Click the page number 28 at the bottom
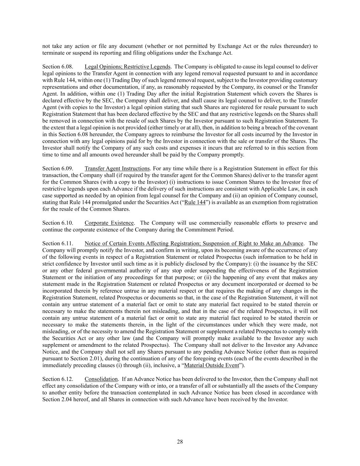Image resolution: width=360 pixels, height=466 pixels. (x=180, y=442)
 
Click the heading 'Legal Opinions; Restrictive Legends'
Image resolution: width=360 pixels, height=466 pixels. (x=127, y=67)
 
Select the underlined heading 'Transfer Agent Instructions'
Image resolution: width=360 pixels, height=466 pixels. (x=117, y=168)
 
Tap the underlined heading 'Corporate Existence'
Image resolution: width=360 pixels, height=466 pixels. (x=109, y=223)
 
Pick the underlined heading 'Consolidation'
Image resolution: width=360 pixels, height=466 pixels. (x=101, y=379)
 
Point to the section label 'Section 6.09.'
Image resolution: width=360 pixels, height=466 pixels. (x=57, y=168)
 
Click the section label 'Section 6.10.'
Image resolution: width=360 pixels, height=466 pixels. (x=57, y=223)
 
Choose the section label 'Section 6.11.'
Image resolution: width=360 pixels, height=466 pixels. (x=57, y=243)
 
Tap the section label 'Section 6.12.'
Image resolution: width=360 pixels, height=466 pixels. (x=57, y=379)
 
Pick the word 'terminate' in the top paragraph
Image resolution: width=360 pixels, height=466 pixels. (x=53, y=53)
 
